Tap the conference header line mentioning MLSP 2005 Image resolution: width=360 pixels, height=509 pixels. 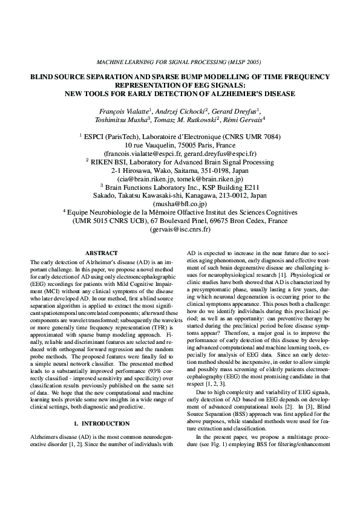click(179, 62)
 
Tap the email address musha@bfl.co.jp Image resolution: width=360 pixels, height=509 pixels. click(180, 204)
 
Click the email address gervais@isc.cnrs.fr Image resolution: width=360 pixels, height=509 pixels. click(180, 230)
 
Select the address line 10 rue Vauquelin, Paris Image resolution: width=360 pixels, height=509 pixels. click(180, 145)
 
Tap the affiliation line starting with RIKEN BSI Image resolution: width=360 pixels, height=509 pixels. click(180, 162)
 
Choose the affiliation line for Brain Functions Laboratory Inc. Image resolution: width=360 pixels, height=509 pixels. click(180, 187)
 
